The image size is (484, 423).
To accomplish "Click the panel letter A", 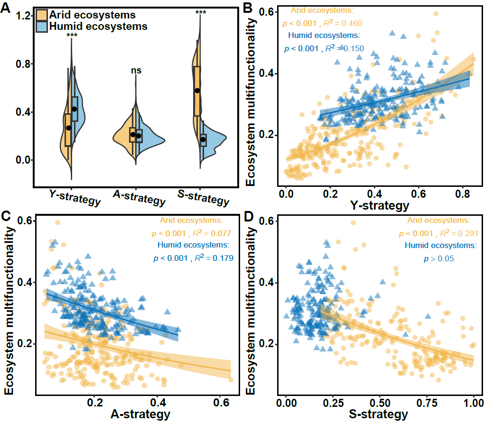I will (x=7, y=9).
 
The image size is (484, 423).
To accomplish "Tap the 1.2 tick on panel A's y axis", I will (x=24, y=16).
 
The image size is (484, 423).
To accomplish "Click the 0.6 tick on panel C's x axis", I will (x=220, y=402).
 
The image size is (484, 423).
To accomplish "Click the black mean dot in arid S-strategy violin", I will (x=197, y=91).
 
